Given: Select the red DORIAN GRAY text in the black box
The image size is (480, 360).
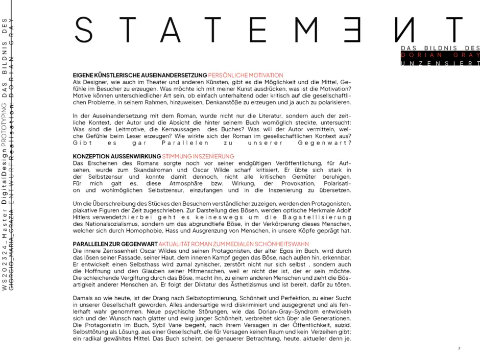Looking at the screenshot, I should tap(440, 55).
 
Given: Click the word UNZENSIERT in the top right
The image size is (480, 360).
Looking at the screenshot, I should tap(440, 63).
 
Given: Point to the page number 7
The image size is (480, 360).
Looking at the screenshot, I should tap(459, 348).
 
